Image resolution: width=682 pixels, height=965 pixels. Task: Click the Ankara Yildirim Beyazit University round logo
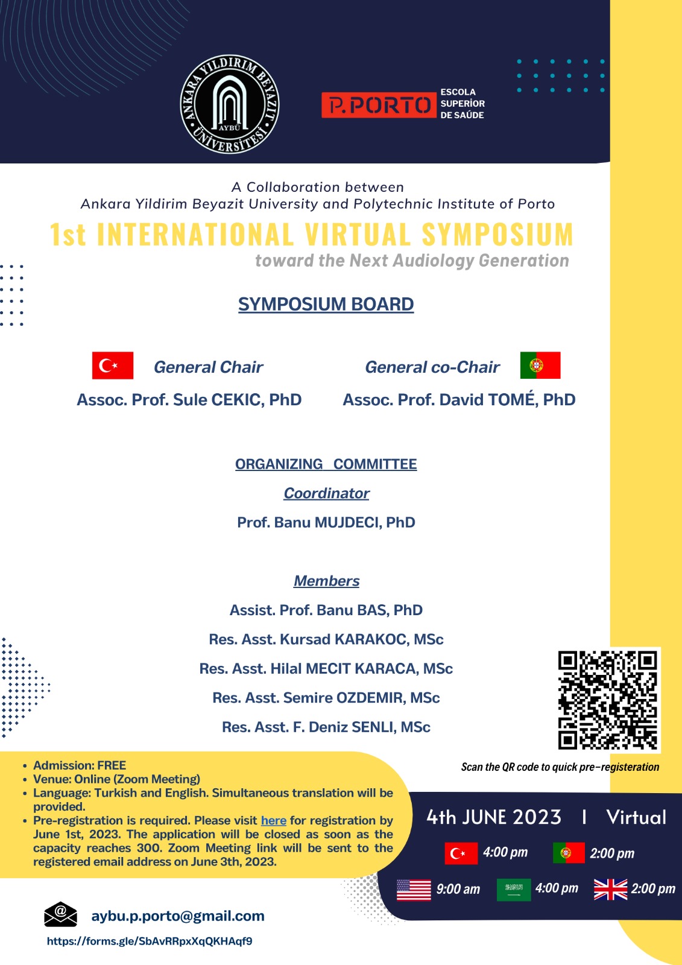230,104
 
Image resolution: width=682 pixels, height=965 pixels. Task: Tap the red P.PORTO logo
378,105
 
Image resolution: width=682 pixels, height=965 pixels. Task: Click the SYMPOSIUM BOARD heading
326,304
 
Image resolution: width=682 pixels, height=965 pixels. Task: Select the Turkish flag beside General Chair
113,365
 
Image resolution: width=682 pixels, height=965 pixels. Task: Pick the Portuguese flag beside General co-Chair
540,365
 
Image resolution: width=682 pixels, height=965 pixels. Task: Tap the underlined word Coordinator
326,493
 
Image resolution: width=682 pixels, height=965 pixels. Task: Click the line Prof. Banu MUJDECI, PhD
326,522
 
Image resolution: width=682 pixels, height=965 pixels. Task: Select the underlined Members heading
326,581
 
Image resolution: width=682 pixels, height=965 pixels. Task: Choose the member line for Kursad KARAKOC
326,639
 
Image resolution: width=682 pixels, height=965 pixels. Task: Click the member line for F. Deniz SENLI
326,727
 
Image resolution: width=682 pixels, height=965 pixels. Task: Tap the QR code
608,700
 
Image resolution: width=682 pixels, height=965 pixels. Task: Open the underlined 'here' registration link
273,821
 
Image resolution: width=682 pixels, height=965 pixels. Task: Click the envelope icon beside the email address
60,914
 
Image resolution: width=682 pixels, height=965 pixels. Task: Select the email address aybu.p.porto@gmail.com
178,916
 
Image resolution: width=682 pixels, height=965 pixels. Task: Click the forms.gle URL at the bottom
150,941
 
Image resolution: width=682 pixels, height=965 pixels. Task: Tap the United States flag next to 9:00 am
414,890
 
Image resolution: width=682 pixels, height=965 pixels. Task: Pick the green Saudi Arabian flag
513,889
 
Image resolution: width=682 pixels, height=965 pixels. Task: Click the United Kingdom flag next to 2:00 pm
610,889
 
